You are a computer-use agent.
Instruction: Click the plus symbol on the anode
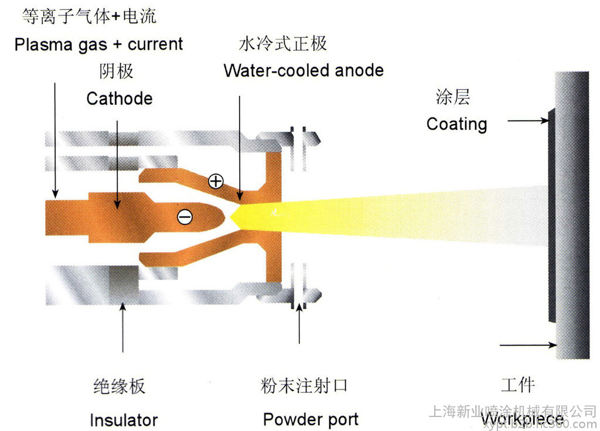tap(216, 182)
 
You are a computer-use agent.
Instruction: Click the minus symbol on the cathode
tap(185, 217)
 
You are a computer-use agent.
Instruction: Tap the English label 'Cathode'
tap(120, 98)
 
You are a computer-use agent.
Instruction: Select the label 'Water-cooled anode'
tap(304, 71)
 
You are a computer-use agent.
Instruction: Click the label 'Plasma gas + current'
tap(99, 45)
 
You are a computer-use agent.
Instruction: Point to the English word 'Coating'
tap(456, 124)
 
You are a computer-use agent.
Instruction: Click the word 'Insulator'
tap(124, 420)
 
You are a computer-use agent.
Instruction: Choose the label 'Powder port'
tap(311, 419)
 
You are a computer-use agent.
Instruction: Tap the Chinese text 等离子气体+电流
tap(89, 16)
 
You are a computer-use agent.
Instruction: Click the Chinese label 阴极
tap(117, 71)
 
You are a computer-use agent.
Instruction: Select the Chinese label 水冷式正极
tap(282, 43)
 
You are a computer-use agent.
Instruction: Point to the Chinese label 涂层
tap(453, 97)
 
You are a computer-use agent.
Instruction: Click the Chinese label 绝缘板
tap(120, 386)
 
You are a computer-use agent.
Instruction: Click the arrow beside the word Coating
tap(528, 121)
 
